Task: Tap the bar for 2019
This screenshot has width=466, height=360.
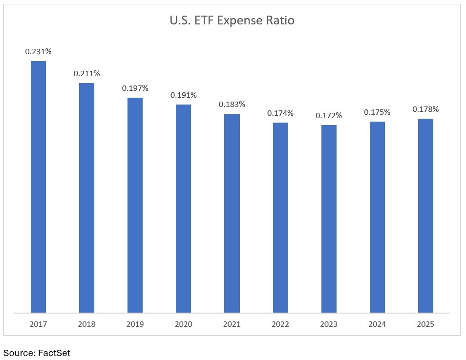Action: [135, 205]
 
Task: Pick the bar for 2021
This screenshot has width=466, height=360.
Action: [232, 213]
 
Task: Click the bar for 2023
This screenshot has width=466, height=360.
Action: [329, 218]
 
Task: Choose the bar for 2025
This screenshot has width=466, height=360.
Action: [425, 215]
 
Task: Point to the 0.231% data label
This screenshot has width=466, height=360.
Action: [38, 51]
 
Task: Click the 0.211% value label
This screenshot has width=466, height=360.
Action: [86, 74]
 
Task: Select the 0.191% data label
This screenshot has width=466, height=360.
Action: [184, 95]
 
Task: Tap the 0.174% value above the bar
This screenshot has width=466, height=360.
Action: [280, 113]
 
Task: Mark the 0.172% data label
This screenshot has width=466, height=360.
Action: [329, 116]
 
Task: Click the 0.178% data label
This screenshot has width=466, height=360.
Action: [425, 109]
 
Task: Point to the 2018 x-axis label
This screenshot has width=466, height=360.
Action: [86, 324]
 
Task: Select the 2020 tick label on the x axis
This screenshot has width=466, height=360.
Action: [184, 324]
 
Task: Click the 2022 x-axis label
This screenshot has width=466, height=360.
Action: [280, 324]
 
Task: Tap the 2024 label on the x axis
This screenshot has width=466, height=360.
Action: [377, 324]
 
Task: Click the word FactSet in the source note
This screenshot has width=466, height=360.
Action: [54, 353]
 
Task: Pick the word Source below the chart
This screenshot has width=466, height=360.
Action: [18, 353]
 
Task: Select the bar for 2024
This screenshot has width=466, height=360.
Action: [377, 217]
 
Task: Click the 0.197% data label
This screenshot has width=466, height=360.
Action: [135, 88]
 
